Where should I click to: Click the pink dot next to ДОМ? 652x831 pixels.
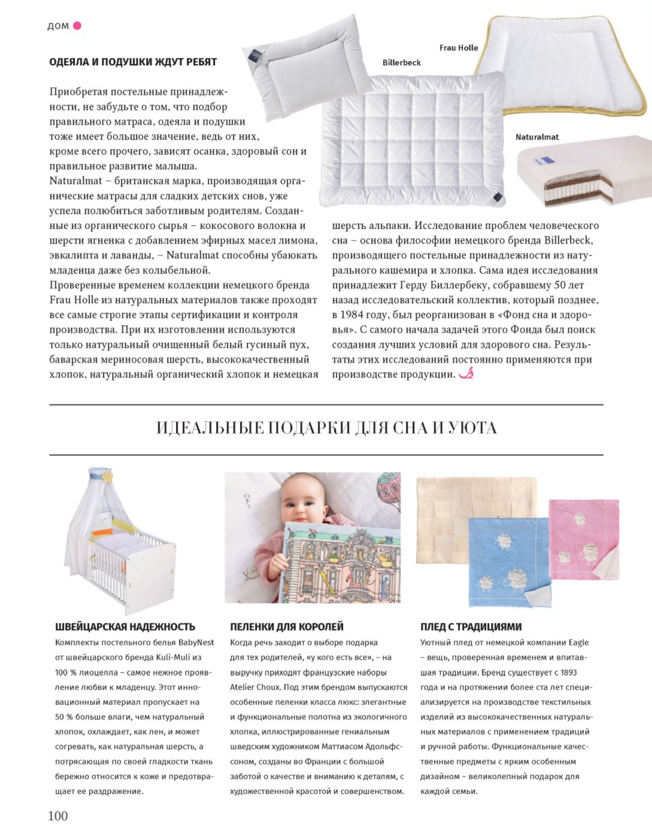[77, 26]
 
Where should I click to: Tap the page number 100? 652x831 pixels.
[58, 815]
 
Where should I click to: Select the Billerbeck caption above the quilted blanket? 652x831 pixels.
[401, 62]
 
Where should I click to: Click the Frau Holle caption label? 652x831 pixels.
[458, 48]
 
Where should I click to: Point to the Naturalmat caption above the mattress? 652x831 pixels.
[536, 137]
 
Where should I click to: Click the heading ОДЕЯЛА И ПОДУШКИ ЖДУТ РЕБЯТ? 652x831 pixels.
[133, 62]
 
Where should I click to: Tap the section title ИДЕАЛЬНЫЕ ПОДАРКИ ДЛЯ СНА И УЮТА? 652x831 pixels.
[326, 428]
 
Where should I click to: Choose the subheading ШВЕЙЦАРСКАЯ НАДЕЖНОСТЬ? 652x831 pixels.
[125, 627]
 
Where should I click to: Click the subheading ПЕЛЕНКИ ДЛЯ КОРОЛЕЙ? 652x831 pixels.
[287, 627]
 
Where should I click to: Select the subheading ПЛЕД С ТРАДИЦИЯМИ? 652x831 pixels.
[471, 627]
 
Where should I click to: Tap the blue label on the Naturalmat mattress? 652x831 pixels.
[545, 160]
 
